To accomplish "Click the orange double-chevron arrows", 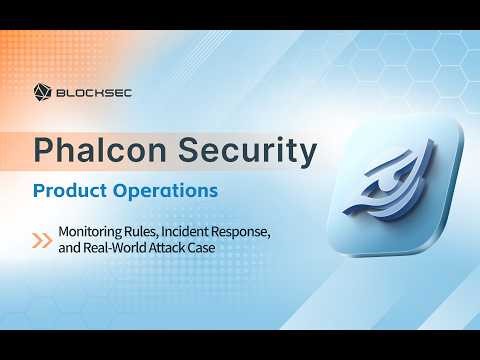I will (x=43, y=240).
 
